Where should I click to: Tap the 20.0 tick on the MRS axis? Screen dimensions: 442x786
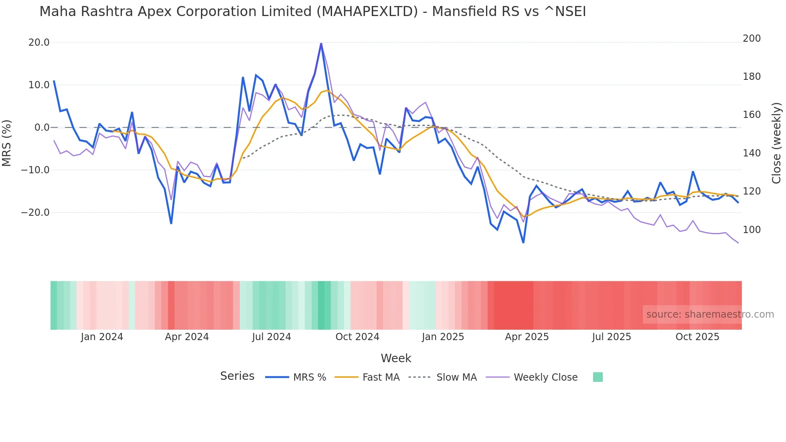pyautogui.click(x=39, y=43)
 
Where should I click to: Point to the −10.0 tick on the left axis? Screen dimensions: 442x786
pyautogui.click(x=35, y=170)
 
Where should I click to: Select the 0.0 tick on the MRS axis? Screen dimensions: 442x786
pyautogui.click(x=42, y=128)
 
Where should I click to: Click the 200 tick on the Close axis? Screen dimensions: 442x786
pyautogui.click(x=752, y=39)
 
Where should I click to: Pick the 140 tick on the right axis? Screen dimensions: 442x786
pyautogui.click(x=752, y=153)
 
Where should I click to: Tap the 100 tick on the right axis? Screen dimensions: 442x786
pyautogui.click(x=752, y=230)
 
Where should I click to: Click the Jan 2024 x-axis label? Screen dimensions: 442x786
pyautogui.click(x=102, y=337)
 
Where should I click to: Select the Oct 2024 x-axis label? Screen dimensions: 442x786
pyautogui.click(x=357, y=337)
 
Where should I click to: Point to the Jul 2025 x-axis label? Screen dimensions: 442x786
pyautogui.click(x=612, y=337)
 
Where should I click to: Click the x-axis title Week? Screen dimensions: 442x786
pyautogui.click(x=396, y=358)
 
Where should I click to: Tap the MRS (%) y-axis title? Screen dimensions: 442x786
pyautogui.click(x=6, y=143)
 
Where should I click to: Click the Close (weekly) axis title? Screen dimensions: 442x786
pyautogui.click(x=776, y=143)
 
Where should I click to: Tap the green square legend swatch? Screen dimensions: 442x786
pyautogui.click(x=598, y=377)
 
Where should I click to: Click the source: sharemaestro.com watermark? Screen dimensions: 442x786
pyautogui.click(x=710, y=314)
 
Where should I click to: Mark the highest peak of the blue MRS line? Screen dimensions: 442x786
pyautogui.click(x=321, y=44)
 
